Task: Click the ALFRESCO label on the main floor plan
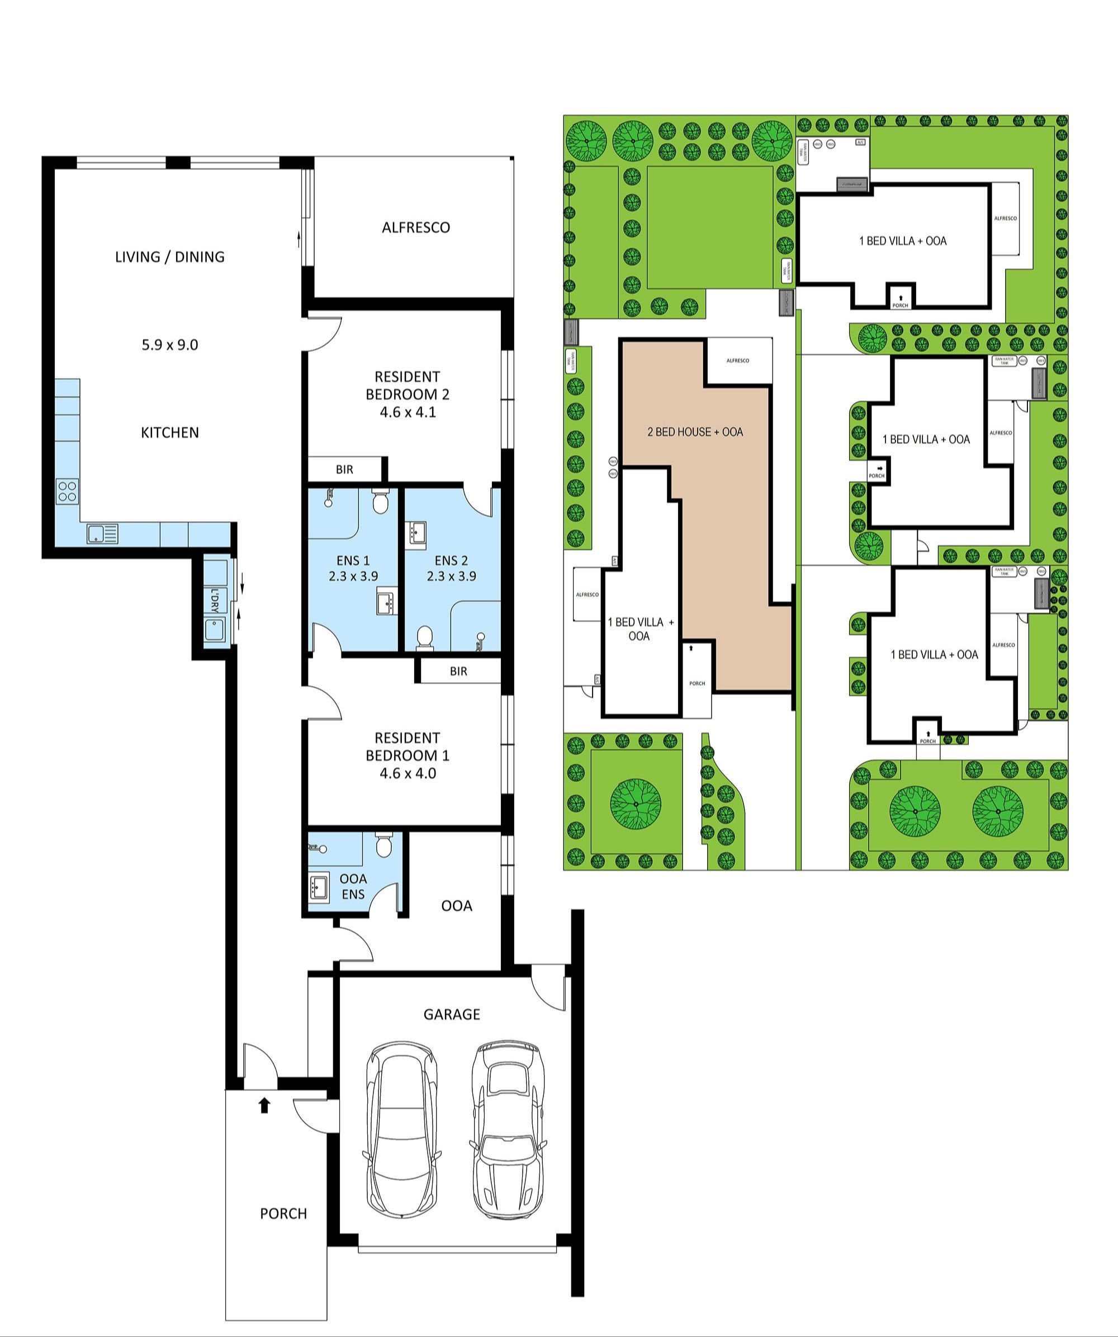[x=415, y=227]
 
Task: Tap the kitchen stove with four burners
[x=68, y=491]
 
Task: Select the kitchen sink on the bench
[x=102, y=533]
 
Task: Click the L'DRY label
[x=215, y=601]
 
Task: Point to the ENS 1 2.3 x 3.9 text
[x=353, y=568]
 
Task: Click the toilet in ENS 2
[x=424, y=637]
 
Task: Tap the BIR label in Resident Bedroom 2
[x=344, y=469]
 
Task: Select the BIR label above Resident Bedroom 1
[x=458, y=671]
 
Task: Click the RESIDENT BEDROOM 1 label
[x=408, y=755]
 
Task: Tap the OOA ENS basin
[x=319, y=886]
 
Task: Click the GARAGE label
[x=452, y=1014]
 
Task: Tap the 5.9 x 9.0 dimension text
[x=170, y=344]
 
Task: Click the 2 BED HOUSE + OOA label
[x=695, y=432]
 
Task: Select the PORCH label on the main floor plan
[x=283, y=1213]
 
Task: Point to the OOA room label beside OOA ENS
[x=456, y=905]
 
